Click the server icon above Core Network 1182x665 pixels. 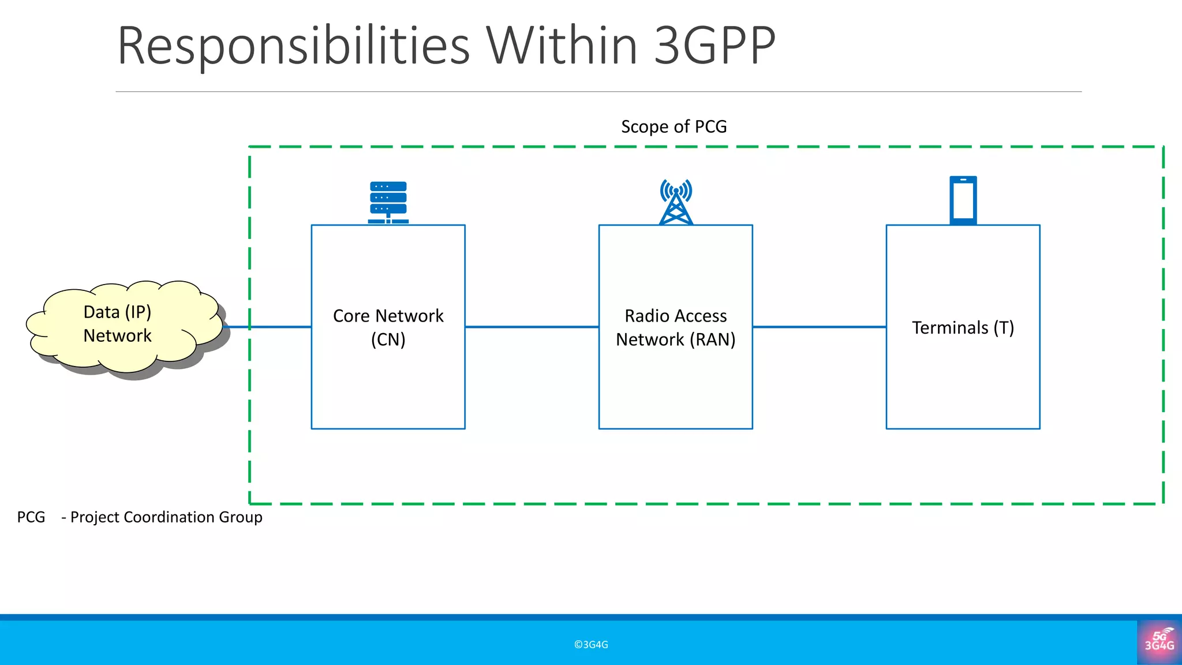tap(388, 202)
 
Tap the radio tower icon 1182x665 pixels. tap(676, 202)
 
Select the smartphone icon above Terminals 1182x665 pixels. tap(963, 200)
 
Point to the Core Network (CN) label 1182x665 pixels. tap(388, 327)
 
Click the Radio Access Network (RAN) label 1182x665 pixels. tap(676, 327)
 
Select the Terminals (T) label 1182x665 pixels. tap(963, 328)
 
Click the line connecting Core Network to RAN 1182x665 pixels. tap(532, 327)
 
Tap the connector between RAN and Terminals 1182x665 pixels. tap(819, 327)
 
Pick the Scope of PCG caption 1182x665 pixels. tap(674, 126)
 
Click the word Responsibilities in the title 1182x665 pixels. tap(293, 46)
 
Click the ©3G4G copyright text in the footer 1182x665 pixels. tap(591, 645)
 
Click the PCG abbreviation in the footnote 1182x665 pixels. tap(31, 517)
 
